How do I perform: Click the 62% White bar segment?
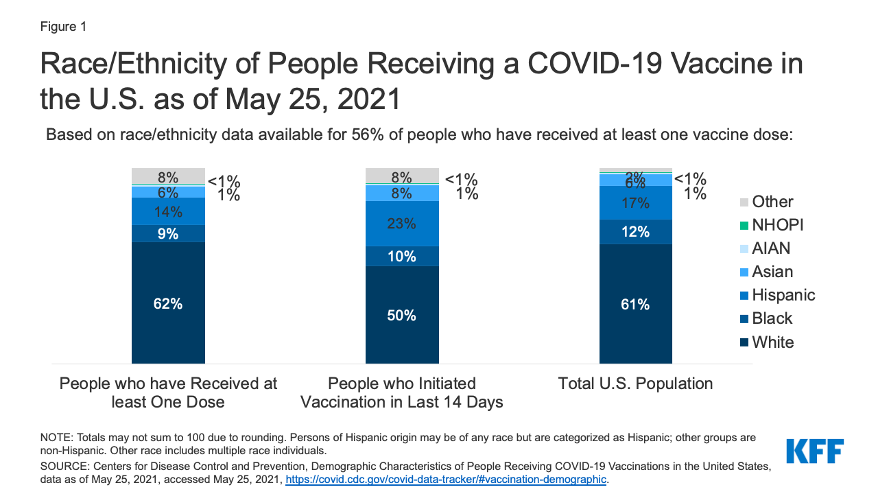[168, 303]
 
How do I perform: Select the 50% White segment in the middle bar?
[402, 315]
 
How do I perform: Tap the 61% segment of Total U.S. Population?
[635, 304]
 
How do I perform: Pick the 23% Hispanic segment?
[402, 224]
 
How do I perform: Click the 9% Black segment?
[168, 233]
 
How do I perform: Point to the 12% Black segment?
[635, 232]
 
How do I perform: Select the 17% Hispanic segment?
[635, 203]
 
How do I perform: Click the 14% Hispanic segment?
[168, 211]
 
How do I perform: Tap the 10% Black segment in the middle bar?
[402, 256]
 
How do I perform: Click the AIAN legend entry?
[766, 248]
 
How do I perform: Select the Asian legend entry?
[766, 272]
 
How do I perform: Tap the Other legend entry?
[766, 202]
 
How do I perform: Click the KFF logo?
[814, 451]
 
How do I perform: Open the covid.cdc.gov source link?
[446, 480]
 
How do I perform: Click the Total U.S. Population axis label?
[635, 384]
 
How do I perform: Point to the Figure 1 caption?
[63, 27]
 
